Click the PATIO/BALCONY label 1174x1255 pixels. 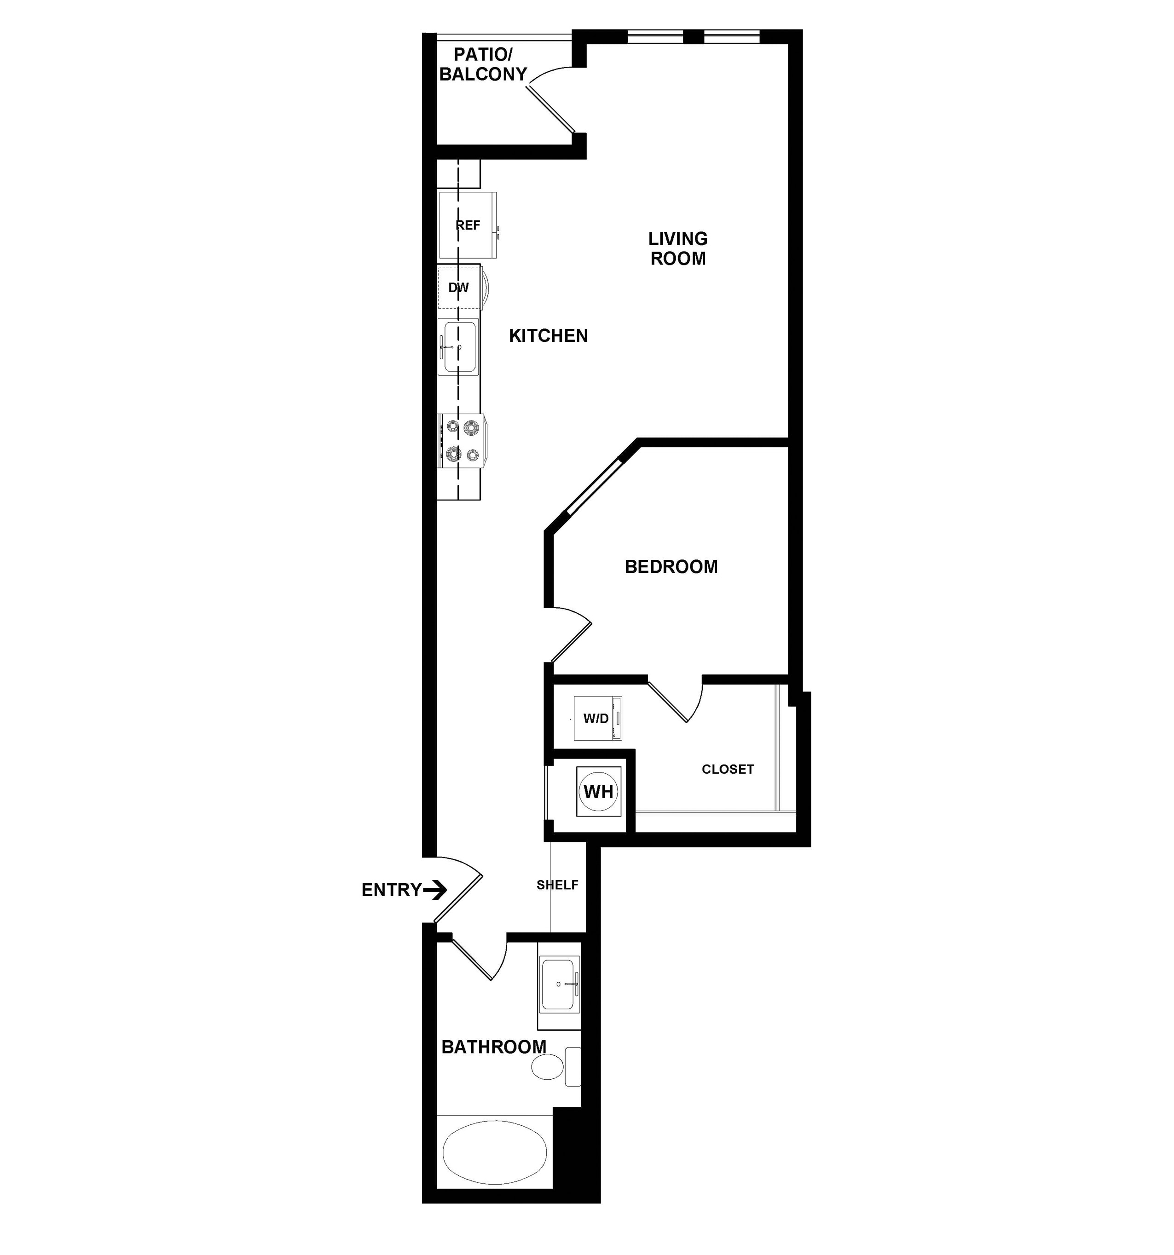[483, 64]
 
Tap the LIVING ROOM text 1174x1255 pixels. [677, 248]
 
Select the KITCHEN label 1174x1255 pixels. [548, 336]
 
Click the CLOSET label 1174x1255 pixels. [728, 769]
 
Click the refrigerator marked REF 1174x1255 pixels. [468, 225]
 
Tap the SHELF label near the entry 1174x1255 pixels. [557, 885]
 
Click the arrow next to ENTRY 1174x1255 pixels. [435, 890]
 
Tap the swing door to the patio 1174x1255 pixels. [551, 101]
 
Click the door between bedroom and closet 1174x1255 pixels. [676, 699]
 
